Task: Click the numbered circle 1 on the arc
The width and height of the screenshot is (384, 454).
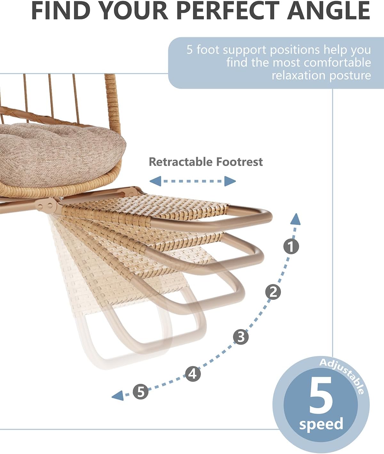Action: [x=291, y=246]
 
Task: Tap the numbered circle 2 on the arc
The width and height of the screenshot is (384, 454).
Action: [x=273, y=292]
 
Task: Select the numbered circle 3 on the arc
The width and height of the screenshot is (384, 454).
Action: [x=241, y=337]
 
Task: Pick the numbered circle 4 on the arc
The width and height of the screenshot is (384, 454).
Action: [x=193, y=374]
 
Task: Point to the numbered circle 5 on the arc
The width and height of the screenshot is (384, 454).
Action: [x=141, y=391]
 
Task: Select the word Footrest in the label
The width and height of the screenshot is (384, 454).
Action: [x=239, y=162]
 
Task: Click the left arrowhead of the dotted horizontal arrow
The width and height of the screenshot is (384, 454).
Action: [x=155, y=181]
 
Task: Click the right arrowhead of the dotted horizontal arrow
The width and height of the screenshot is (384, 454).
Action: [x=230, y=181]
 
